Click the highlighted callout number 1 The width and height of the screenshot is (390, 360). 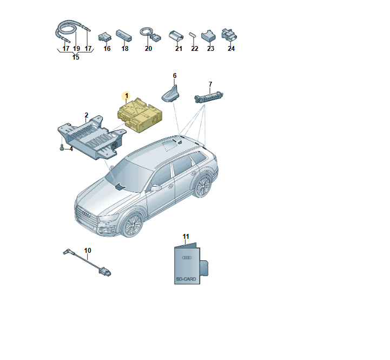[127, 96]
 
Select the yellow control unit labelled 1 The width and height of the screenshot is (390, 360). [140, 115]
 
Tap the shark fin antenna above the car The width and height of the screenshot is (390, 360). [171, 94]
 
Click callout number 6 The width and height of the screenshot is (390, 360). [175, 76]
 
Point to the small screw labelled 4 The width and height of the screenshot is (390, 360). [62, 148]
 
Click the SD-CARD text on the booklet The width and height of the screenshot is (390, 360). [186, 279]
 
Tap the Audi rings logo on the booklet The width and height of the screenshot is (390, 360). [187, 258]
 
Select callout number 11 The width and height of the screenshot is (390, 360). [186, 237]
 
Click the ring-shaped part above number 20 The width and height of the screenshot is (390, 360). [146, 31]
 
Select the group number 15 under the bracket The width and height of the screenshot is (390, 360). [76, 57]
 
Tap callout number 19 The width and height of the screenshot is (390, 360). [76, 49]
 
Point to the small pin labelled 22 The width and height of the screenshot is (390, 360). [193, 35]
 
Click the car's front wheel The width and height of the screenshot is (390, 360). [132, 225]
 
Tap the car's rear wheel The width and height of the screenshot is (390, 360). [203, 186]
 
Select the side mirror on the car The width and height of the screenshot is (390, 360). [156, 188]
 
